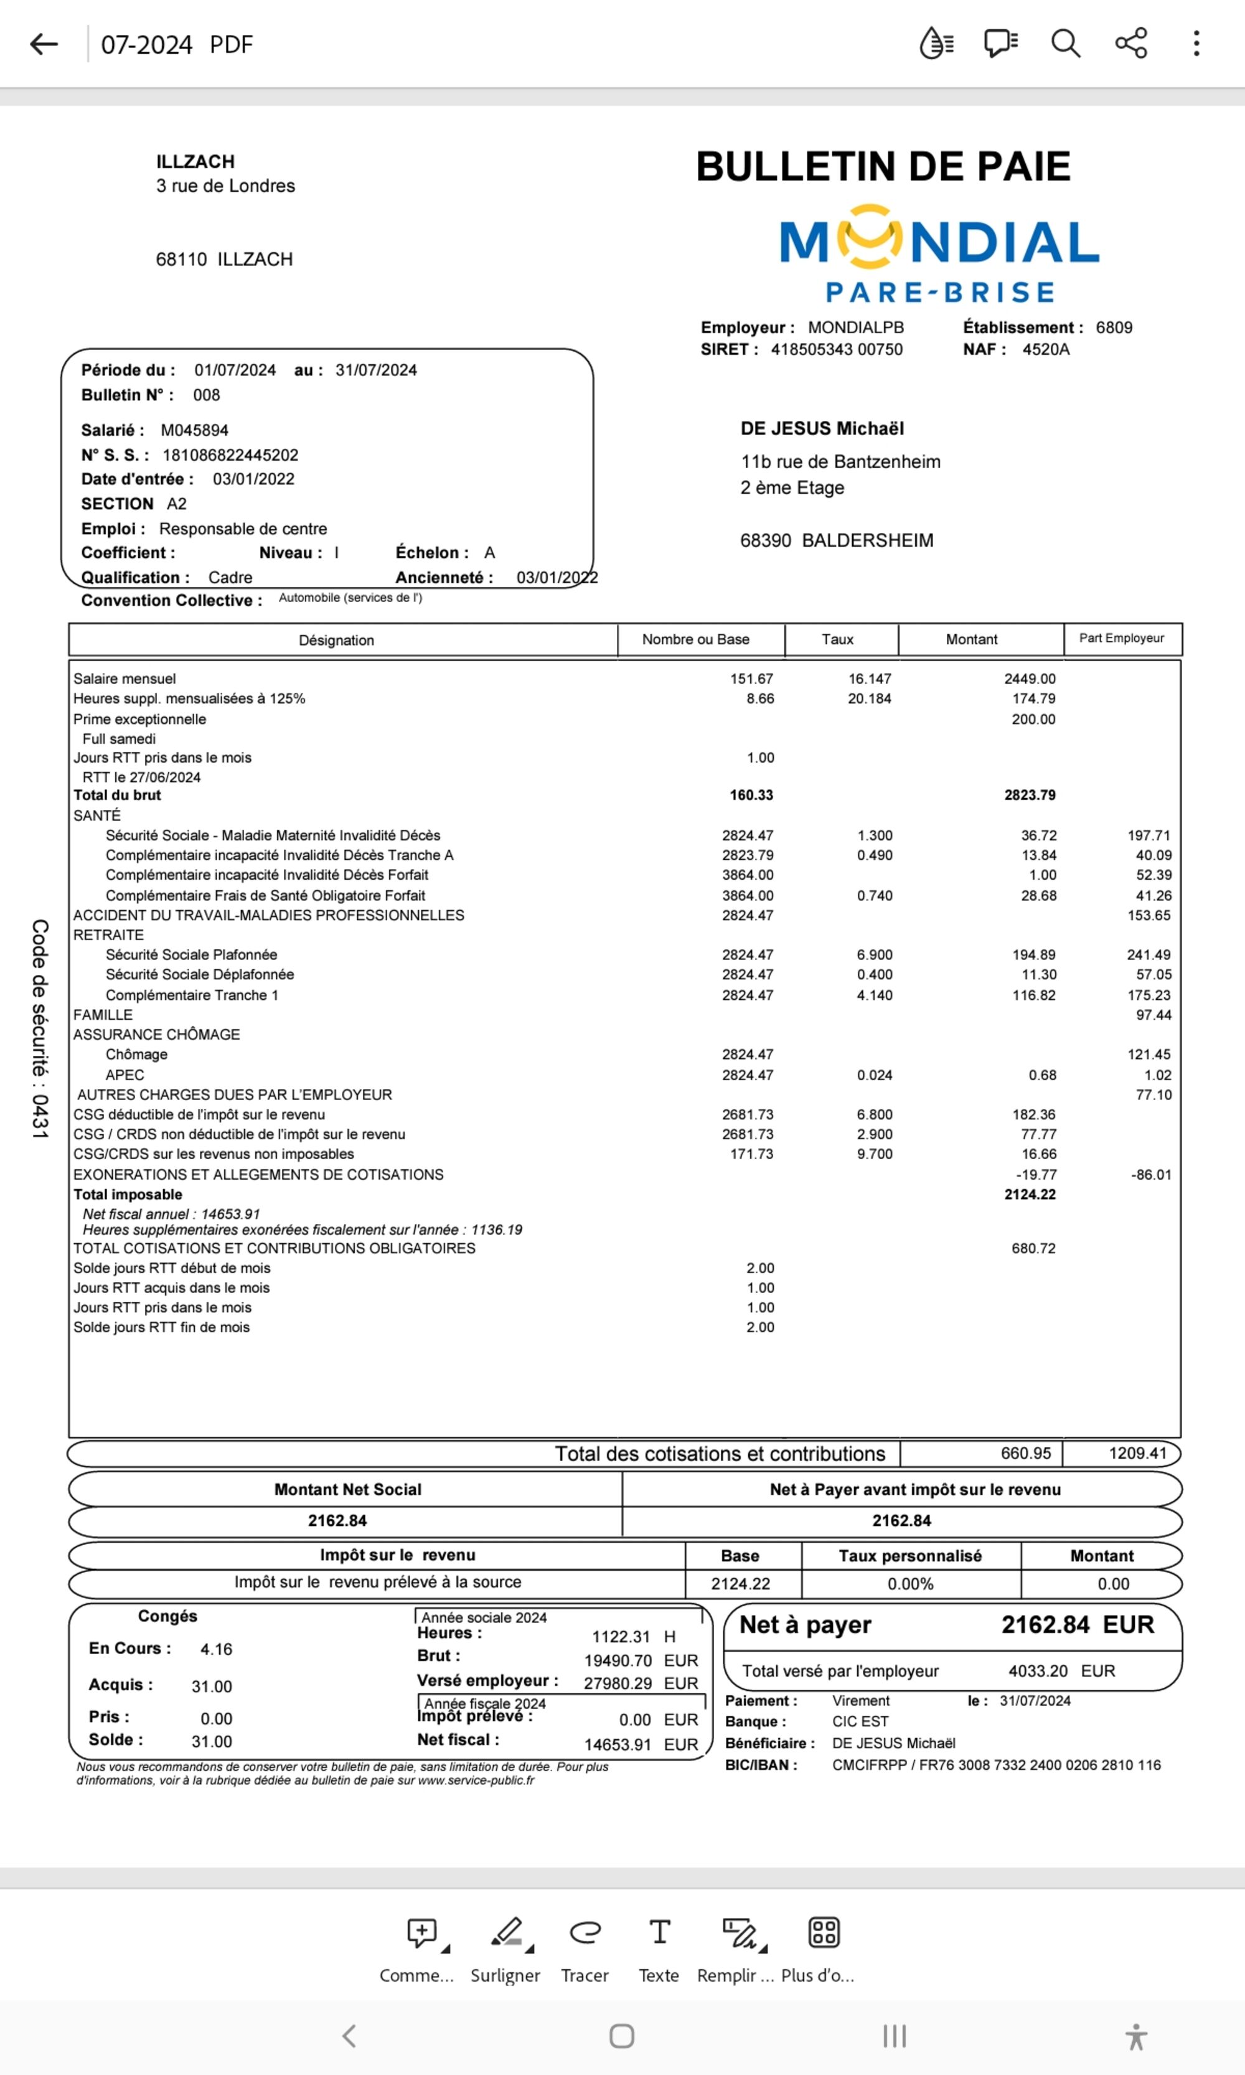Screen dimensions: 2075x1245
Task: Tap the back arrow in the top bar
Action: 44,44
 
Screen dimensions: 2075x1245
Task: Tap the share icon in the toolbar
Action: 1131,43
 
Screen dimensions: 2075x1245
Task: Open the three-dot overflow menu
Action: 1196,43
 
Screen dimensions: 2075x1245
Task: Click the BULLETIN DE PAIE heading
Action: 883,166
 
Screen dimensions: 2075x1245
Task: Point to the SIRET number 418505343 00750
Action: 837,350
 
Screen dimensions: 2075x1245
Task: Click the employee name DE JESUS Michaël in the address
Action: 822,429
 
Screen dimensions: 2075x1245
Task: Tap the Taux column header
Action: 837,639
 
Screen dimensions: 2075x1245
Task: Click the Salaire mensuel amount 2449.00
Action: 1030,679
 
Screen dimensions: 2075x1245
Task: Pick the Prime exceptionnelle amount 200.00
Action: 1033,719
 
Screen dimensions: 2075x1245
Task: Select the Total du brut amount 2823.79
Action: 1030,794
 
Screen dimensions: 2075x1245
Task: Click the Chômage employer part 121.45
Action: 1149,1055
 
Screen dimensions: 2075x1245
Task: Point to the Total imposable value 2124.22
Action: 1030,1194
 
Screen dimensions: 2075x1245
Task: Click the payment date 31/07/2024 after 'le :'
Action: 1035,1701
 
